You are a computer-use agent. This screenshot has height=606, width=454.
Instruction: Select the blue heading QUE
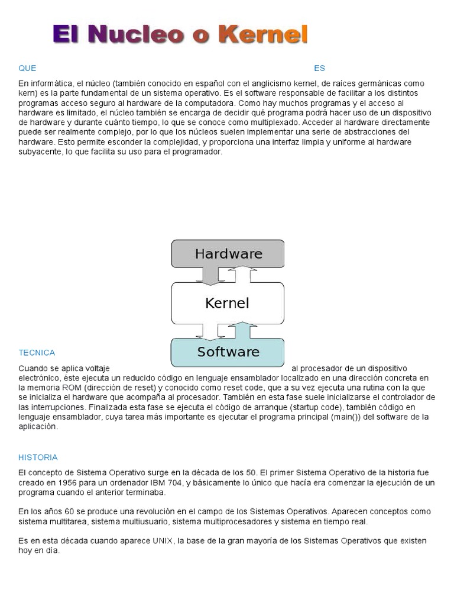click(27, 68)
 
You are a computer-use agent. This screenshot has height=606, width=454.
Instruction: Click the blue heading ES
click(319, 68)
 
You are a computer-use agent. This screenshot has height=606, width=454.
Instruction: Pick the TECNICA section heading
click(37, 353)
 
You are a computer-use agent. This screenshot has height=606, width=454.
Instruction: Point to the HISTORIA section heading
click(38, 457)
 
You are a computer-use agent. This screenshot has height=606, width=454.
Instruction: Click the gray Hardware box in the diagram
click(228, 254)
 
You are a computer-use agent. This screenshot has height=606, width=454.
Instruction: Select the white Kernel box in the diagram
click(227, 303)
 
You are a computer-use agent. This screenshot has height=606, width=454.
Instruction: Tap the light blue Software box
click(228, 352)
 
